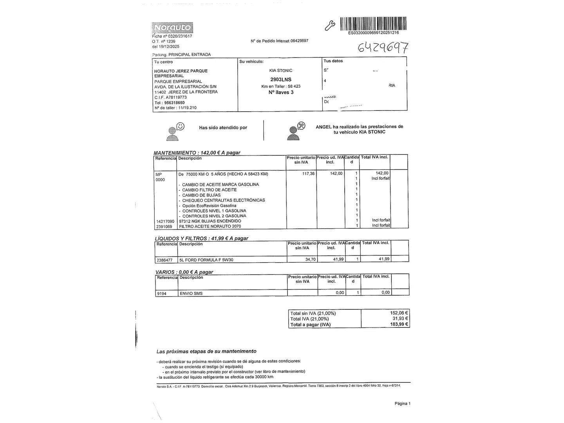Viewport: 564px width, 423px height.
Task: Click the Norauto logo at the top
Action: (172, 28)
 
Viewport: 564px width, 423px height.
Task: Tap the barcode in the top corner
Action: (373, 23)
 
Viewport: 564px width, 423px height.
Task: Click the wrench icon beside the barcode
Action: (330, 26)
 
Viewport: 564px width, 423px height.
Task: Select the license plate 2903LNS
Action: (281, 80)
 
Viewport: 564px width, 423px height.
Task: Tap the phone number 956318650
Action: (175, 103)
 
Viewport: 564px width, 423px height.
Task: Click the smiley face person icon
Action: (175, 131)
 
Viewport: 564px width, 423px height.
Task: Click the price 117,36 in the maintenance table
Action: (309, 174)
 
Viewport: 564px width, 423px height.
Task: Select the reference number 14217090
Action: (165, 221)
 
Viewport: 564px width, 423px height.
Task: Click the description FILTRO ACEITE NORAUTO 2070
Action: (204, 226)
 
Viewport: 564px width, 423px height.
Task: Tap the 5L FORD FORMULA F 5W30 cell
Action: (206, 260)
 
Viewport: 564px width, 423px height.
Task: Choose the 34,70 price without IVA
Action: (310, 259)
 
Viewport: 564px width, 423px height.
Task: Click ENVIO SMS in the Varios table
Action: (191, 293)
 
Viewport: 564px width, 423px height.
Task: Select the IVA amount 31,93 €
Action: (400, 318)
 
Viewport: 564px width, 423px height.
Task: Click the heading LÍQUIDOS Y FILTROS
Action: (181, 238)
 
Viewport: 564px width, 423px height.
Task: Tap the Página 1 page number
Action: (402, 403)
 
